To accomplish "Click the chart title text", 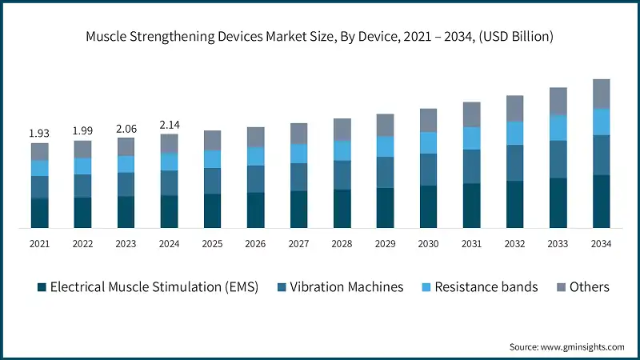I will coord(320,36).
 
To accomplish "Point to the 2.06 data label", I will coord(126,127).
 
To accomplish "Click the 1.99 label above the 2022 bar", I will coord(82,130).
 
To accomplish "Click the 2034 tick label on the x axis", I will coord(601,244).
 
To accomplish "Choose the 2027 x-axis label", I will coord(298,244).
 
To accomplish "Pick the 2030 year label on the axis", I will coord(428,244).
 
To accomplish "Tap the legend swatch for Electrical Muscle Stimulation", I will coord(39,287).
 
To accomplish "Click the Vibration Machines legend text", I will coord(346,287).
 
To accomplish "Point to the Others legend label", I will coord(590,287).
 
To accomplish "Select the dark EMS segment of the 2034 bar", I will coord(601,202).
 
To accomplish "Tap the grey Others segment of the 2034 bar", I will coord(601,94).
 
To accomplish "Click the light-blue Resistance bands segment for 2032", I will coord(514,133).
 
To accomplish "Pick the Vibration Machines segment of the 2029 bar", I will coord(385,172).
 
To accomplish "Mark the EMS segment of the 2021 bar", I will coord(39,213).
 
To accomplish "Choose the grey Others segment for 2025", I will coord(212,140).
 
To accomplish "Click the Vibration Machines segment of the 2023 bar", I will coord(126,184).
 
